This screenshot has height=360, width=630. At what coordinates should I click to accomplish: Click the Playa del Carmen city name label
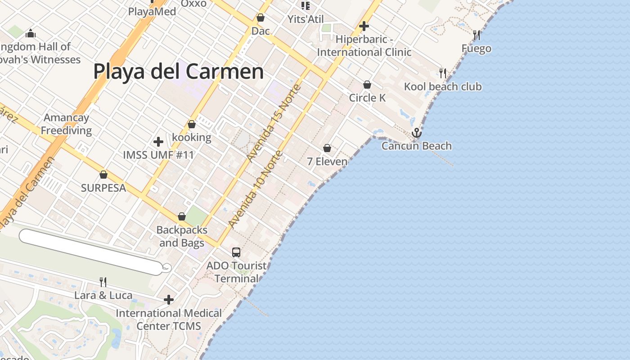click(178, 72)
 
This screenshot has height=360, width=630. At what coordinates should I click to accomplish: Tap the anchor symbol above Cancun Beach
click(417, 133)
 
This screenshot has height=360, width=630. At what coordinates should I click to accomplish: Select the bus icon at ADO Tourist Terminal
click(236, 252)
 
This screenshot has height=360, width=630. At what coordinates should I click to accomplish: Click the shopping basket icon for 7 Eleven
click(327, 148)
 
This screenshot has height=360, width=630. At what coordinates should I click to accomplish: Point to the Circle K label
click(368, 98)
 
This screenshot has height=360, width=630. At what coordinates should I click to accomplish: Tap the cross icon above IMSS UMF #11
click(158, 142)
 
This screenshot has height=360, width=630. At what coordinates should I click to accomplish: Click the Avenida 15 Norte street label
click(274, 122)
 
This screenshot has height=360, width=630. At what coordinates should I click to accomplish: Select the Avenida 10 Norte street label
click(255, 189)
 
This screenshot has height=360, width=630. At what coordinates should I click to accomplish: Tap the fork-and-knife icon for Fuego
click(477, 35)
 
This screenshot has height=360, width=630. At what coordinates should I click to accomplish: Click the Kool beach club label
click(443, 86)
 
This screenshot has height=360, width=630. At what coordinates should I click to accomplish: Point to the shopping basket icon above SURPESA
click(103, 175)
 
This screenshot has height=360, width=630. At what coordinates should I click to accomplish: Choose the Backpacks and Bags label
click(182, 236)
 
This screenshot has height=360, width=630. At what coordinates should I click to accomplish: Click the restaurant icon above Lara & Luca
click(103, 282)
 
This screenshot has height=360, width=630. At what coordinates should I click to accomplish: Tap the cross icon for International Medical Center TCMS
click(169, 299)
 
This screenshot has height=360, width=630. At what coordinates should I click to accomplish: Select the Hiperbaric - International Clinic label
click(364, 46)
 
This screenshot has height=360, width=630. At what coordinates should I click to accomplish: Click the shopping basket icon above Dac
click(261, 18)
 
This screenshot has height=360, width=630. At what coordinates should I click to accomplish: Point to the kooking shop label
click(192, 137)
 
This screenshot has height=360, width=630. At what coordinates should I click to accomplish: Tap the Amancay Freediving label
click(67, 124)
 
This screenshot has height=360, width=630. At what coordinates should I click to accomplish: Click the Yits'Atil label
click(306, 19)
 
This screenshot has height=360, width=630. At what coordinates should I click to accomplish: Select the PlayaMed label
click(152, 11)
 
